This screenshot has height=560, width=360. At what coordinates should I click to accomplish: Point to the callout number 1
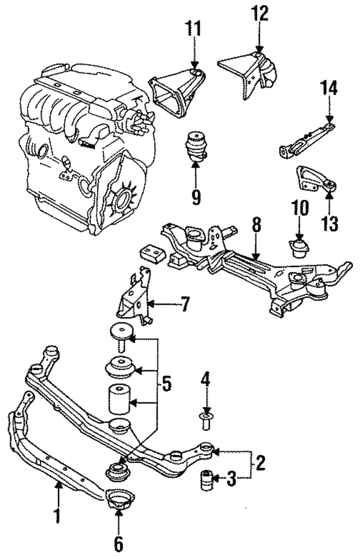(x=57, y=514)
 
